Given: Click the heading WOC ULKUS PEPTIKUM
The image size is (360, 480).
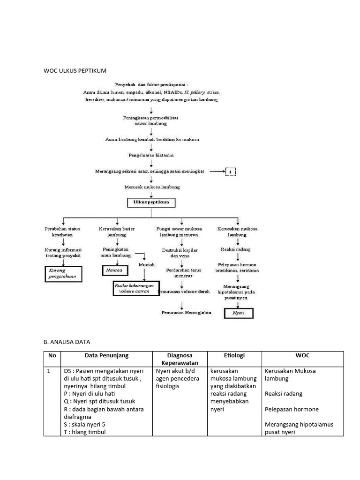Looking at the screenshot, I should point(75,71).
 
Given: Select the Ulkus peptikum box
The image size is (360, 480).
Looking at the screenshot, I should point(151,203).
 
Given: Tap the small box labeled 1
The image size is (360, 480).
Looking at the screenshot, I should point(230,172).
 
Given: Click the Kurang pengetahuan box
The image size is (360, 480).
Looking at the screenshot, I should point(63,274).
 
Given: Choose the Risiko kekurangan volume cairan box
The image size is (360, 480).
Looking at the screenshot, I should point(136,288).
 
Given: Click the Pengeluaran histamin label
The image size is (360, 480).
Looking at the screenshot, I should point(151,155).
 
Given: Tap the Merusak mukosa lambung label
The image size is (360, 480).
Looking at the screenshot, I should point(151,187).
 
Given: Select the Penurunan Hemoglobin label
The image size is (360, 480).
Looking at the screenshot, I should point(186,312).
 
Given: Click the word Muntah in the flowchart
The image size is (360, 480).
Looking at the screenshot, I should point(146,265).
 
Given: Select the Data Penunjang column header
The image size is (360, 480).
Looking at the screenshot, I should point(107,355).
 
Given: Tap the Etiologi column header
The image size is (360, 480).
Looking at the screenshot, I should point(234,355).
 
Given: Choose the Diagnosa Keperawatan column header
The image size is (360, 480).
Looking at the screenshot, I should point(180,359).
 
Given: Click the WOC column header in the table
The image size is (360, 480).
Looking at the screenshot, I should point(302,355).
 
